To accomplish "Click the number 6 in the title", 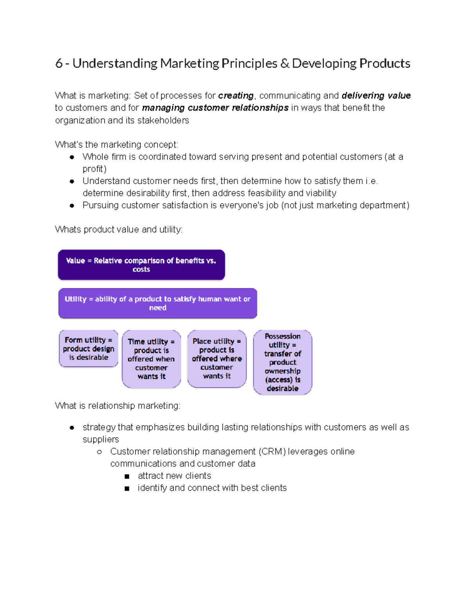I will tap(59, 64).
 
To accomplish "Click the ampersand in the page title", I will tap(285, 64).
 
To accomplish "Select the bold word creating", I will tap(236, 96).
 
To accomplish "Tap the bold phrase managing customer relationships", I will tap(215, 108).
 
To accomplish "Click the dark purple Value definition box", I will tap(141, 265).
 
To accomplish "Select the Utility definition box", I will tap(158, 303).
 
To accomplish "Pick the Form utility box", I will tap(88, 348).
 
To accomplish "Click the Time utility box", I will tap(151, 359).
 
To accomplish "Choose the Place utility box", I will tap(217, 359).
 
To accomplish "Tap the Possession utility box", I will tap(282, 362).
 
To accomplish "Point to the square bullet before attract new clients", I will tap(127, 476).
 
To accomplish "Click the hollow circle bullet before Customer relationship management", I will tap(99, 452).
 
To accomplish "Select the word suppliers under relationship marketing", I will tap(101, 439).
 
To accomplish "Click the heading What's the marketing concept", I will tap(116, 145).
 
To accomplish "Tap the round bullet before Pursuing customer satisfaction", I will tap(72, 206).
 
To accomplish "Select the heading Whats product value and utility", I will tap(119, 229).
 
